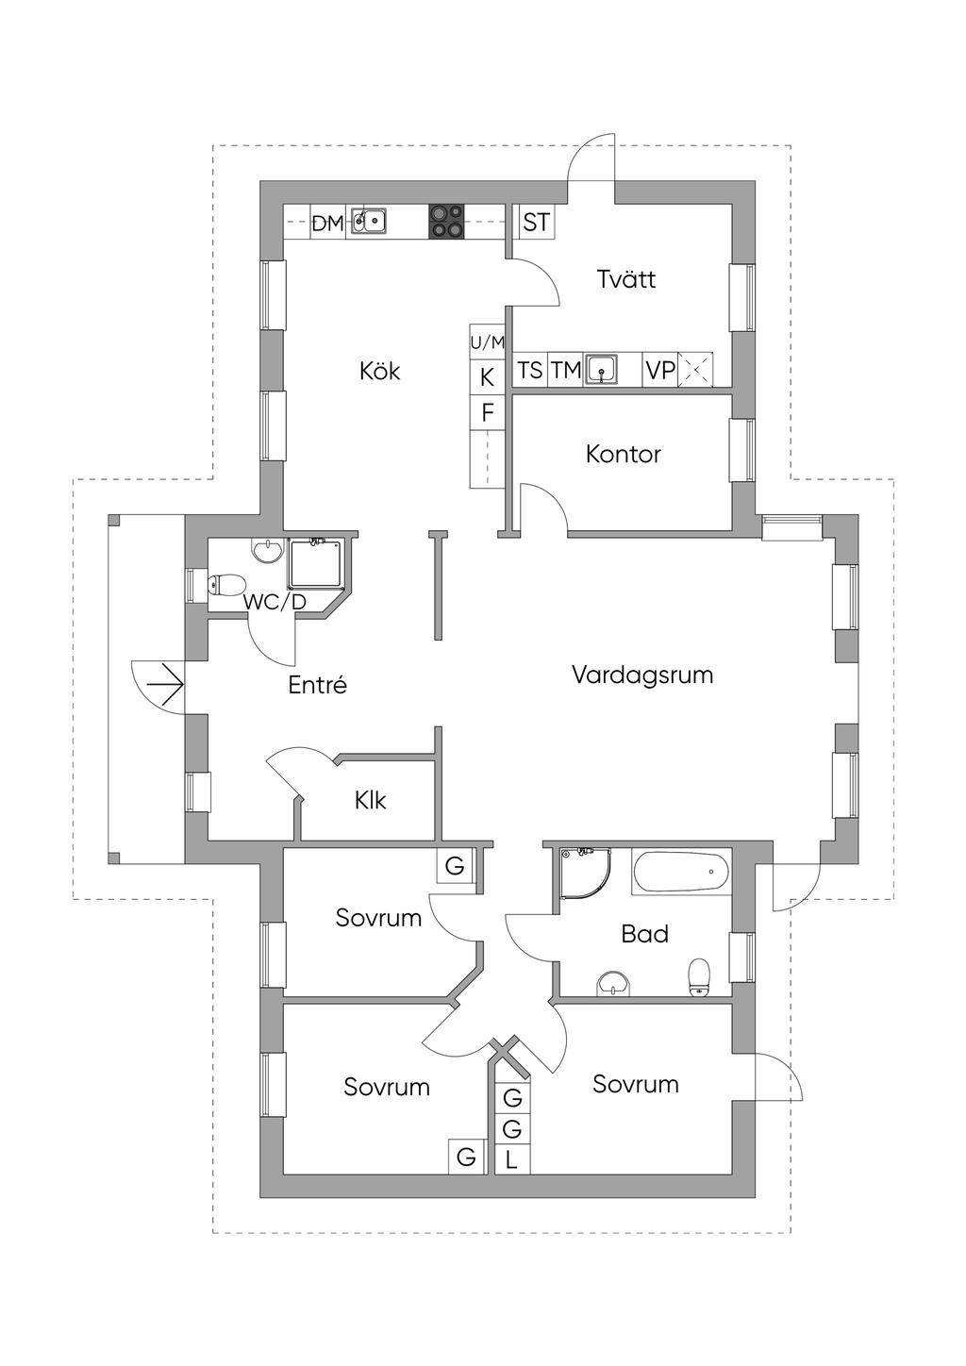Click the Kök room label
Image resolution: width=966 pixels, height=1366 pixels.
click(x=379, y=371)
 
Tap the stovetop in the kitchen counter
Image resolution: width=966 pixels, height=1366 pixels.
click(x=446, y=222)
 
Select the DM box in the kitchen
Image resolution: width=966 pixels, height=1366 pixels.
click(x=327, y=224)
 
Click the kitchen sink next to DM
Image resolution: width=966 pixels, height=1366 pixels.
click(x=369, y=222)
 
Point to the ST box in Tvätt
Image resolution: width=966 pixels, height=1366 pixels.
click(x=536, y=223)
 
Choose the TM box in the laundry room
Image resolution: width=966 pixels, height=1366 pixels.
click(x=565, y=370)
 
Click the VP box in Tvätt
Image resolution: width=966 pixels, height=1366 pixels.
click(x=659, y=370)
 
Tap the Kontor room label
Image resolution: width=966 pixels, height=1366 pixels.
click(x=623, y=454)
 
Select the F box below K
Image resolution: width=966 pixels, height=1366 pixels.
click(x=488, y=412)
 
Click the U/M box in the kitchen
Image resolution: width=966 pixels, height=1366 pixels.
click(x=488, y=342)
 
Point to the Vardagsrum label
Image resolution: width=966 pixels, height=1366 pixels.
click(x=641, y=675)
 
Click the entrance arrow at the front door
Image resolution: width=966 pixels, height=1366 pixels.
click(x=168, y=686)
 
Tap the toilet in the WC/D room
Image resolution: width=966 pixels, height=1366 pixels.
click(x=225, y=586)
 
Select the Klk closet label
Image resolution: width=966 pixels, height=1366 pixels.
click(x=370, y=801)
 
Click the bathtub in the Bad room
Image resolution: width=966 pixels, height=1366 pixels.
click(x=681, y=873)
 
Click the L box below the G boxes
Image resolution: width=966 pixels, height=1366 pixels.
click(x=511, y=1159)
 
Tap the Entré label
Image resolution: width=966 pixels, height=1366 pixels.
click(x=317, y=686)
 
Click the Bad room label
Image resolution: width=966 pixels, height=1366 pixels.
click(x=644, y=934)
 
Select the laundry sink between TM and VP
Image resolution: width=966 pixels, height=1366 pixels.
click(x=602, y=369)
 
